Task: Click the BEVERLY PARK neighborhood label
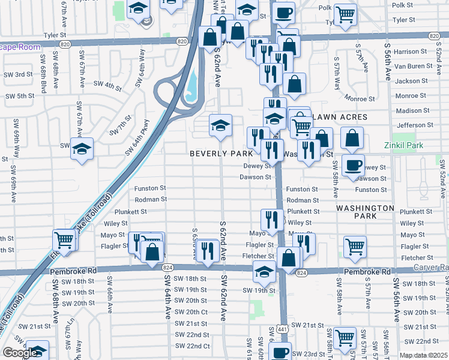click(x=221, y=154)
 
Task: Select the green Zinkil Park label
click(x=404, y=145)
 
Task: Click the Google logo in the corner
click(x=20, y=353)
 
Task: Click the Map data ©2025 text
click(x=424, y=355)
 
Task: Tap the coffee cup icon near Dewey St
click(x=353, y=164)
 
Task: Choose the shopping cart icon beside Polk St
click(x=345, y=14)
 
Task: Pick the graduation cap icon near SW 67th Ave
click(x=82, y=149)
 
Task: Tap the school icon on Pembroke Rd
click(x=264, y=271)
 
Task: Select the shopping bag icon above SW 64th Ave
click(x=152, y=251)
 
